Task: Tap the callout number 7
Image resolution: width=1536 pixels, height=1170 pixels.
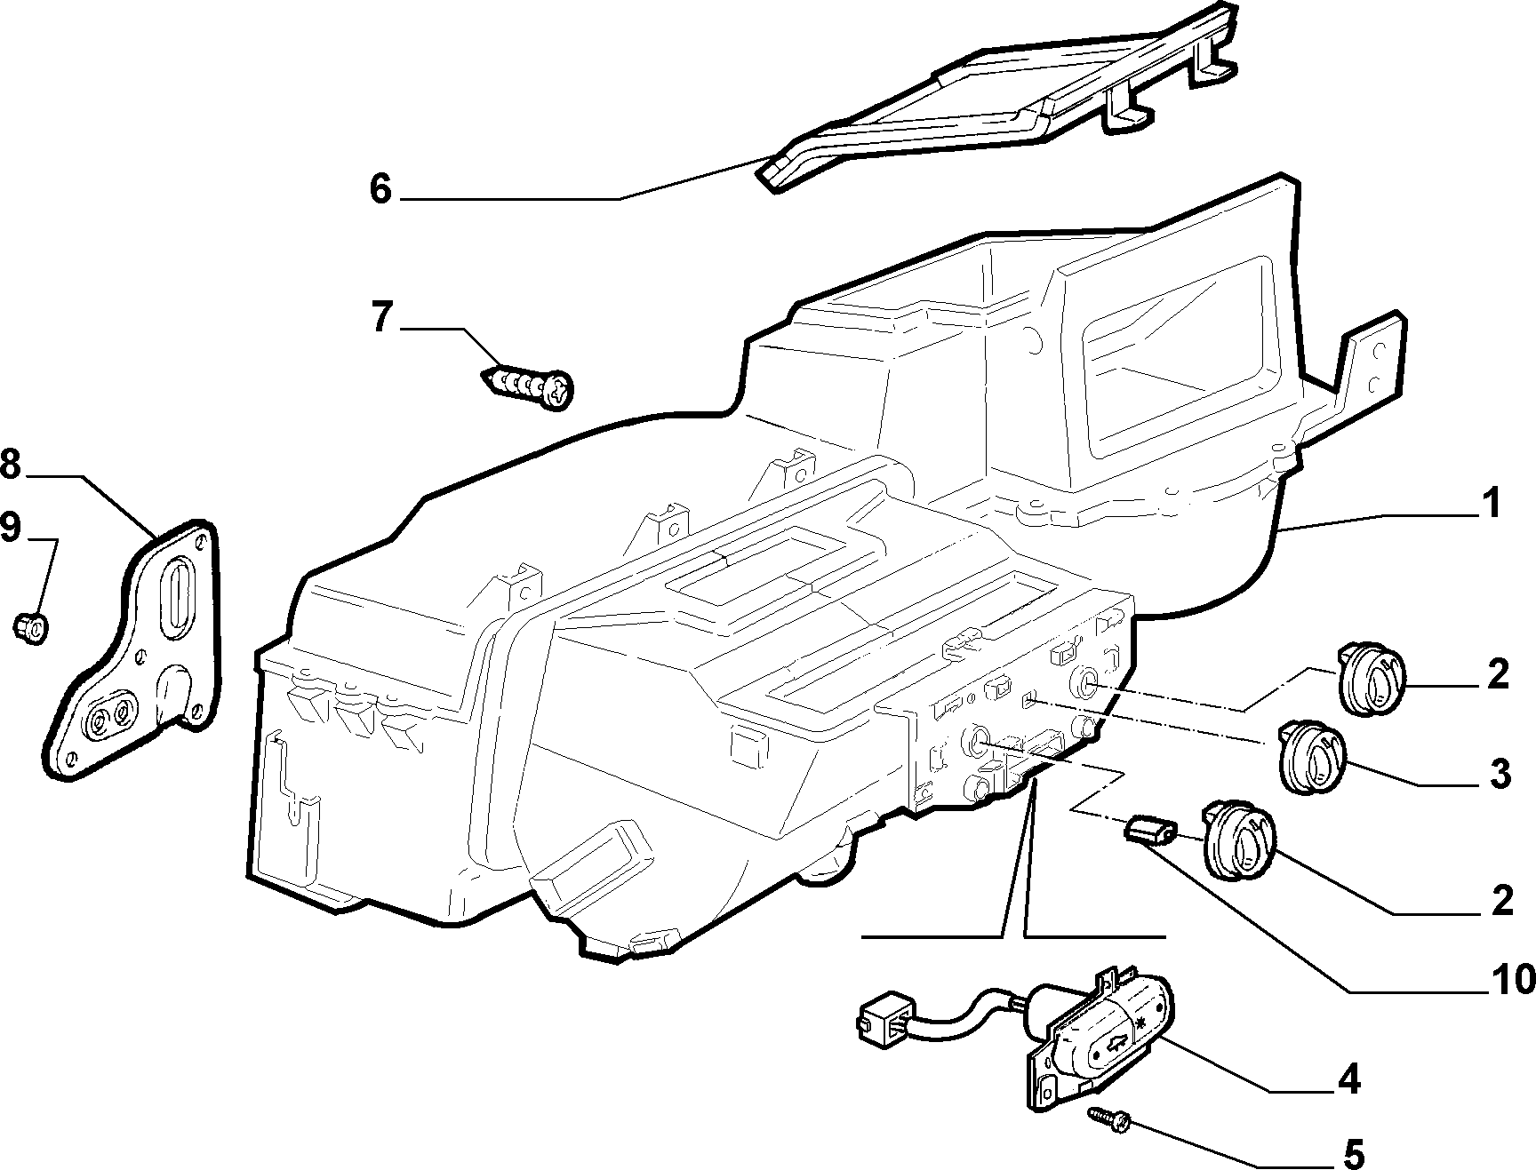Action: pos(381,318)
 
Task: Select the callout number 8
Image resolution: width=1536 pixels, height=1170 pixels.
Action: pos(11,465)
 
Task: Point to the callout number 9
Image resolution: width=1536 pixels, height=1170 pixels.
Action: pos(11,529)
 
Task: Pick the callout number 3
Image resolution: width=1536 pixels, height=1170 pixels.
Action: pos(1500,774)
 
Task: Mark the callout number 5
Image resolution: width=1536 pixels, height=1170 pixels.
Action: pos(1352,1154)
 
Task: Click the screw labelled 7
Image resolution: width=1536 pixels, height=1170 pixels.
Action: pos(528,387)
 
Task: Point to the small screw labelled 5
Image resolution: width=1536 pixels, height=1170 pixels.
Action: pos(1110,1118)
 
